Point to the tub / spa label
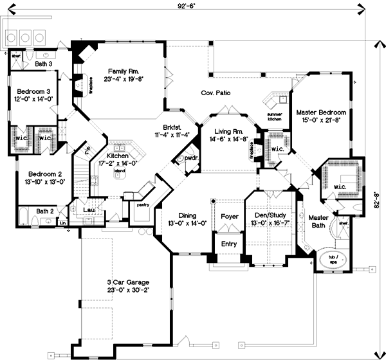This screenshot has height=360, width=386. click(x=332, y=255)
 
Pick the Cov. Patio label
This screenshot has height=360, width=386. click(x=216, y=93)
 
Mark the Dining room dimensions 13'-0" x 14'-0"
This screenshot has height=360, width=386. click(x=182, y=224)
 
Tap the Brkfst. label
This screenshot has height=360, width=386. click(x=164, y=127)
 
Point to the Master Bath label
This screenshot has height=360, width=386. click(x=318, y=221)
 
